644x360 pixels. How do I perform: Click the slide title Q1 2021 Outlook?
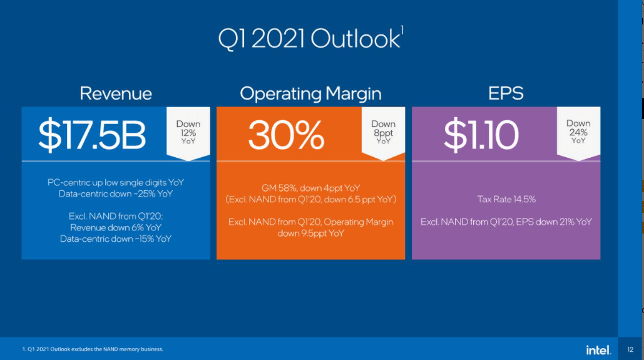pyautogui.click(x=310, y=39)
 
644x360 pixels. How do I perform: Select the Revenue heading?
pyautogui.click(x=116, y=94)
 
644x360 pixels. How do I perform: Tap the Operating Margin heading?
pyautogui.click(x=310, y=94)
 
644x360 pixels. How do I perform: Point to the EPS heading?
pyautogui.click(x=506, y=94)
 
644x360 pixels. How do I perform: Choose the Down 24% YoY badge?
pyautogui.click(x=578, y=132)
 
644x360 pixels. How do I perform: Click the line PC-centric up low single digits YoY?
pyautogui.click(x=116, y=183)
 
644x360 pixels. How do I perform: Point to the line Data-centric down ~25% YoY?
pyautogui.click(x=116, y=193)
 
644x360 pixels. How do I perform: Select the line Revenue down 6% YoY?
pyautogui.click(x=116, y=227)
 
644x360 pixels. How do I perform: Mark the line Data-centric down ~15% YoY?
pyautogui.click(x=116, y=239)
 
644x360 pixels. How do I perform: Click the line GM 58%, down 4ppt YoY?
pyautogui.click(x=310, y=188)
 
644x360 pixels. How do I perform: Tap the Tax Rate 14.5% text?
pyautogui.click(x=506, y=200)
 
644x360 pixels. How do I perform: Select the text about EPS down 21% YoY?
pyautogui.click(x=506, y=222)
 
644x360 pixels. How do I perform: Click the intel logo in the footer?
pyautogui.click(x=598, y=349)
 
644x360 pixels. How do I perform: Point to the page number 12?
pyautogui.click(x=630, y=349)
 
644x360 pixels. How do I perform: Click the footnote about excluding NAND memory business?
pyautogui.click(x=93, y=349)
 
